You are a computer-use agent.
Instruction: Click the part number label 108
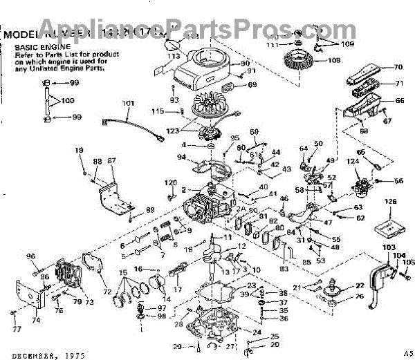tap(334, 60)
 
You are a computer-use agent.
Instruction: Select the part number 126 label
tap(391, 202)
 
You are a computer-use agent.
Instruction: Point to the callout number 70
tap(398, 68)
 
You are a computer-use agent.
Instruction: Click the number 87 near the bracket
tap(111, 161)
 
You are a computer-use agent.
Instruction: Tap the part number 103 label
tap(389, 247)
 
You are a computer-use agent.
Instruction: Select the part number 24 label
tap(257, 332)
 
